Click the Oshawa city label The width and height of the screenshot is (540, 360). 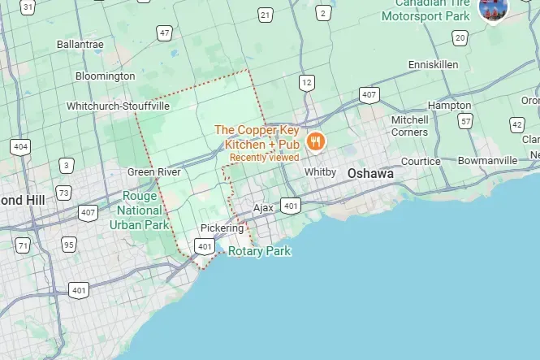point(369,174)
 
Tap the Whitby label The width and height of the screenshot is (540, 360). point(320,172)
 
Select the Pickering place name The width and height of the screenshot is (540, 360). point(222,228)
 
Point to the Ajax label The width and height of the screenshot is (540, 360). point(263,208)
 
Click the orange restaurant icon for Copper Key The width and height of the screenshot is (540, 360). point(316,140)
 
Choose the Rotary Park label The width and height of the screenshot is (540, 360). point(259,251)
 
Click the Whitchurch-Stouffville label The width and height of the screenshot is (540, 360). point(119,106)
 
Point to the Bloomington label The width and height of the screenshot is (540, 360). point(105,76)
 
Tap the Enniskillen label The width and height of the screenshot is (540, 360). point(434,64)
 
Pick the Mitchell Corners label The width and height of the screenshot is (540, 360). point(409,126)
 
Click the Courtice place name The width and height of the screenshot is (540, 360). point(421,162)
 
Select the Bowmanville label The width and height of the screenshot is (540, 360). point(487,161)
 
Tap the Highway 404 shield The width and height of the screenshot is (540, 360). point(20,147)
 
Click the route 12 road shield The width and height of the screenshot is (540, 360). point(306,82)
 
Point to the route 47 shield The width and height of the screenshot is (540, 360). point(165,33)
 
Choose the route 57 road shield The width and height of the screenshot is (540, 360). point(465,121)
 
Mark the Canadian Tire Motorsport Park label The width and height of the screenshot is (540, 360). point(426,9)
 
